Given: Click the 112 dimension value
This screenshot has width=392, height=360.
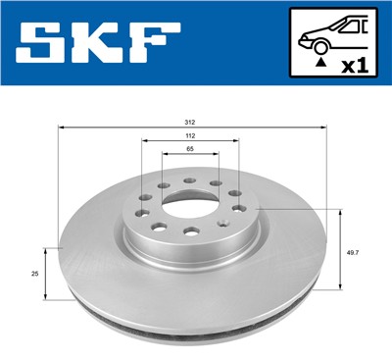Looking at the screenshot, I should point(190,136).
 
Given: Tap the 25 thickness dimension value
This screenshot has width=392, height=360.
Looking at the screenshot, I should point(35,275).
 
